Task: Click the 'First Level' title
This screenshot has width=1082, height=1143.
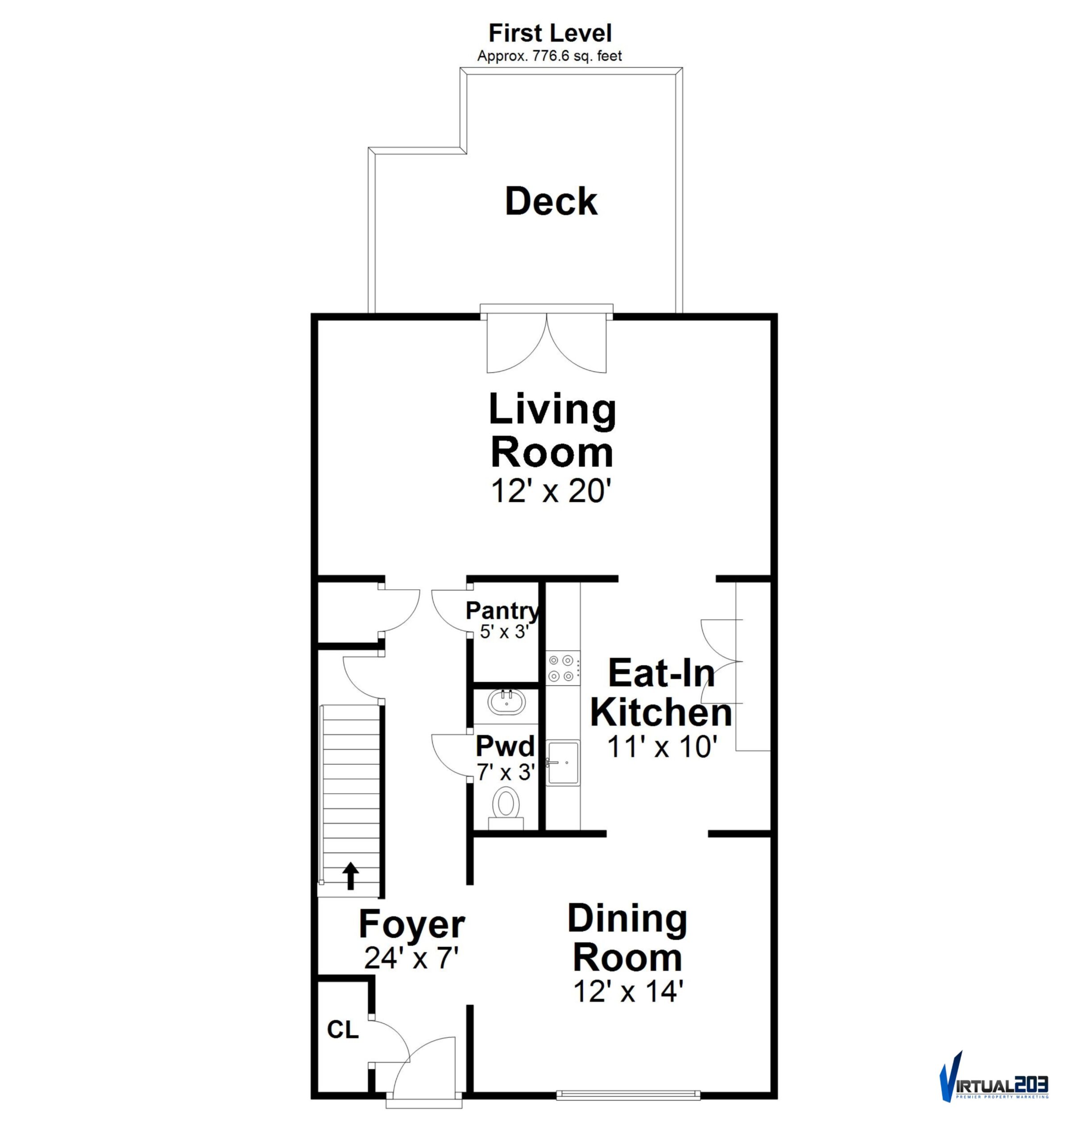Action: click(550, 33)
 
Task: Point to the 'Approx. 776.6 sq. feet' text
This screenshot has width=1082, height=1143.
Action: click(550, 56)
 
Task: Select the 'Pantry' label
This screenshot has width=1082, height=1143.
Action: click(503, 610)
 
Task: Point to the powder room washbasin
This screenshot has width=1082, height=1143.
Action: click(506, 702)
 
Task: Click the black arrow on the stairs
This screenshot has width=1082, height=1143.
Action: click(350, 876)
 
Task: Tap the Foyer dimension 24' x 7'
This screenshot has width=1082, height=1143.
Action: click(411, 958)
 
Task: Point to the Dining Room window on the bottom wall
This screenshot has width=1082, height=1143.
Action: click(628, 1094)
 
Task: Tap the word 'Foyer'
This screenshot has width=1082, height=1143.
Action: click(411, 925)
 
